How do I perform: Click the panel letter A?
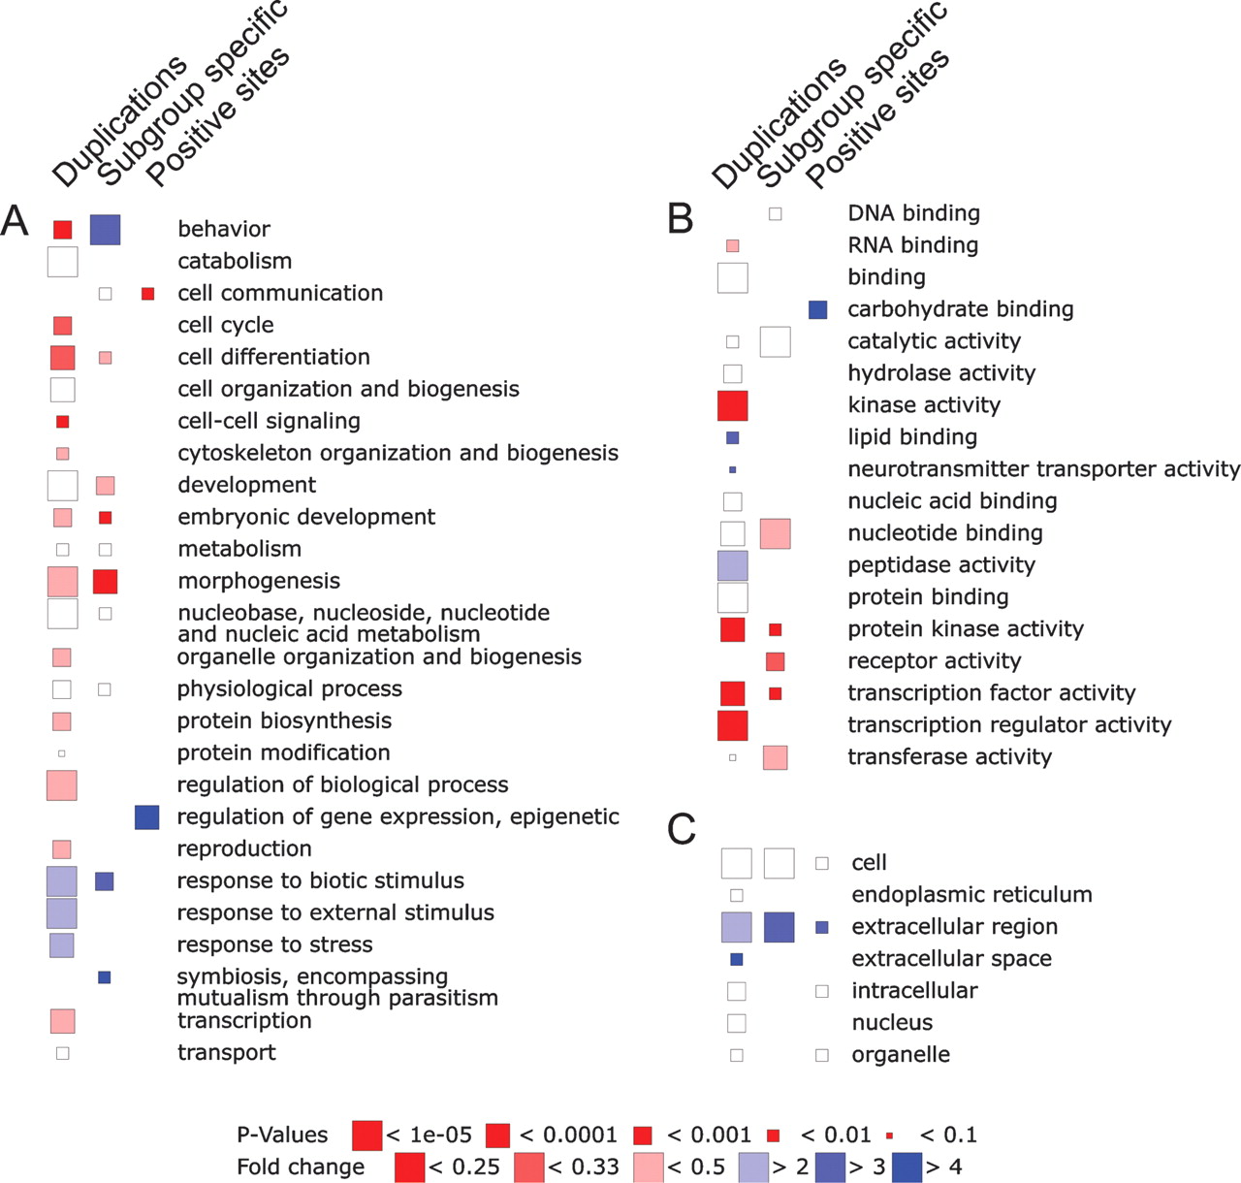coord(15,222)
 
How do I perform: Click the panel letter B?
coord(682,219)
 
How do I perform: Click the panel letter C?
coord(682,829)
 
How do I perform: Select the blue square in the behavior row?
coord(105,229)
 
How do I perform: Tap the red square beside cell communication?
coord(147,294)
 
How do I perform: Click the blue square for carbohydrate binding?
coord(817,309)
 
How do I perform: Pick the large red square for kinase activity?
coord(732,405)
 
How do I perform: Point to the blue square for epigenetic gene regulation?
coord(147,816)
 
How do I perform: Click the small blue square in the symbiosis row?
coord(104,977)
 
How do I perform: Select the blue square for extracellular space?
coord(736,959)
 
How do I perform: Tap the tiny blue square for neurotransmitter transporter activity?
coord(732,469)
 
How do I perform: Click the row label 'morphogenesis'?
coord(259,582)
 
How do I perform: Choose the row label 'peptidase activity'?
coord(941,565)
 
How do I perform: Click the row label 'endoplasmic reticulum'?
coord(971,894)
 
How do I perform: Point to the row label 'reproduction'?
coord(244,849)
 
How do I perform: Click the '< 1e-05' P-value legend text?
coord(429,1135)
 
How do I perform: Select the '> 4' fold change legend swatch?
coord(907,1167)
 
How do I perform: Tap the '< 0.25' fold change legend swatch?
coord(410,1167)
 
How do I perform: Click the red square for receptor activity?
coord(776,661)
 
